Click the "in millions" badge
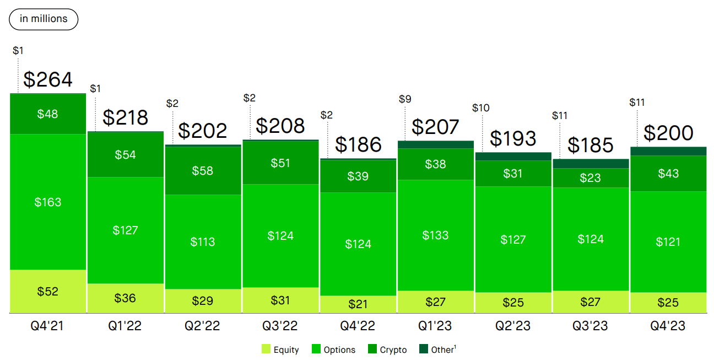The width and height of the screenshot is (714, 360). click(x=44, y=19)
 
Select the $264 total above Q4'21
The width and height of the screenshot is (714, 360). click(x=48, y=79)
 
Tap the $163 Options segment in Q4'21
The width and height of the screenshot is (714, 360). click(x=48, y=202)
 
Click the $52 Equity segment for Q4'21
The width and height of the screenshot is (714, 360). click(x=48, y=292)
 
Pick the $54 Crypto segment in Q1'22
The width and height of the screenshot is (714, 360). click(x=125, y=155)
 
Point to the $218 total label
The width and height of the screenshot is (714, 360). click(x=125, y=117)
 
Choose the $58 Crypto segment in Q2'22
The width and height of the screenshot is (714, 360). click(x=203, y=171)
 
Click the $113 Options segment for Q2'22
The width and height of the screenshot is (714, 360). click(x=203, y=242)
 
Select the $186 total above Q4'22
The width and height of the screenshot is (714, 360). click(x=358, y=144)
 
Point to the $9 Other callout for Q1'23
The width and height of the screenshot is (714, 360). click(x=404, y=99)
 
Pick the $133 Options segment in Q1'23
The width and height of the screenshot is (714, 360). click(x=435, y=235)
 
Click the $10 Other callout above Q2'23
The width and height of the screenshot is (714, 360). click(x=481, y=108)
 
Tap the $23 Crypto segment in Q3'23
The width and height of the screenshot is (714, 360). click(x=591, y=178)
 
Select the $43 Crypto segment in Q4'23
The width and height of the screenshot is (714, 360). click(x=668, y=174)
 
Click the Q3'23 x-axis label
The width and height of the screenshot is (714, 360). click(x=591, y=326)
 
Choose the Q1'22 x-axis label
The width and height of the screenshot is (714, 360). click(x=125, y=326)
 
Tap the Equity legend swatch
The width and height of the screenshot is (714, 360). click(x=266, y=350)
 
